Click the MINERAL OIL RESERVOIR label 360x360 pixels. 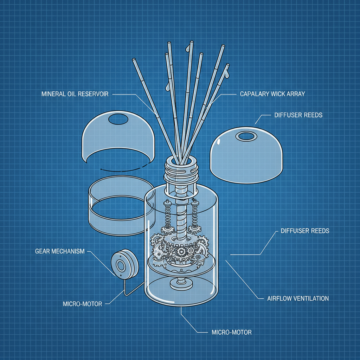(x=75, y=94)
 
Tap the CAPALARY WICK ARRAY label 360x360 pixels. (x=272, y=94)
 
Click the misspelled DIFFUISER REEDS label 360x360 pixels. (x=305, y=231)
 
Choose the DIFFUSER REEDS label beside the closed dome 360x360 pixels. (x=298, y=115)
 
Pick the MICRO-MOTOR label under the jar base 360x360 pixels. (x=232, y=332)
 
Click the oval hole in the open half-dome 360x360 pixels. (x=119, y=119)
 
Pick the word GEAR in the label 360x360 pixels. (x=43, y=251)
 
